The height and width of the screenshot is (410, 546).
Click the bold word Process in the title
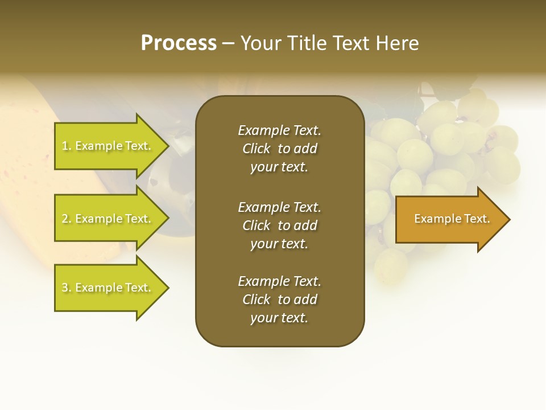tap(179, 43)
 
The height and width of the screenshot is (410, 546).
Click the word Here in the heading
tap(396, 43)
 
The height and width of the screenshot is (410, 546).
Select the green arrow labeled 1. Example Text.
tap(108, 146)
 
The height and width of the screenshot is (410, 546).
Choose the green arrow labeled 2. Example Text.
tap(108, 219)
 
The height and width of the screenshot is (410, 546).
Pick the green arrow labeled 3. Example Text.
tap(108, 288)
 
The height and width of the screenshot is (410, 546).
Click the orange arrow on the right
tap(449, 219)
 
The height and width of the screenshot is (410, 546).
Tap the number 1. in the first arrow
tap(67, 146)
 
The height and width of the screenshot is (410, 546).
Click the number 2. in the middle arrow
tap(67, 219)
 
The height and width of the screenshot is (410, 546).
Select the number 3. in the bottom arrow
tap(67, 288)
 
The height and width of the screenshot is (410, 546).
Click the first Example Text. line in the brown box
tap(279, 130)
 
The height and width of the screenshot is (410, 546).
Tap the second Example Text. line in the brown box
tap(279, 207)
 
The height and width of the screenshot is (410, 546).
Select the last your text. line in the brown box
tap(279, 318)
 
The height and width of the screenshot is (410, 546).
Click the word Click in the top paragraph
tap(256, 149)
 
